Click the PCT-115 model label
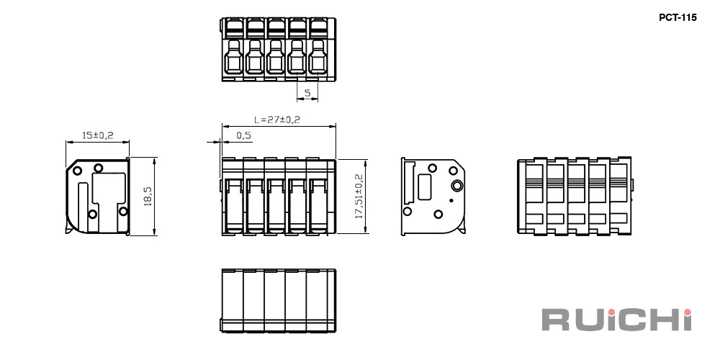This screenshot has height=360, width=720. [678, 18]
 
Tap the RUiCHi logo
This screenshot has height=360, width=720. [617, 320]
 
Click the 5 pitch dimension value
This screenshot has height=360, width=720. [307, 93]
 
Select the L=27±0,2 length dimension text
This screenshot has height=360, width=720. [277, 120]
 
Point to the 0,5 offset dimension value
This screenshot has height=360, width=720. [244, 135]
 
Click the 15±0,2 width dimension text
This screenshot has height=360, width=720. [97, 135]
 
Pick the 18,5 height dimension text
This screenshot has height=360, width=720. [148, 196]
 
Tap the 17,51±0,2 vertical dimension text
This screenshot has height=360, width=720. [359, 196]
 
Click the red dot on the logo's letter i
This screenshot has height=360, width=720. [687, 312]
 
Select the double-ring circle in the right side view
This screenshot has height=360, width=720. [458, 185]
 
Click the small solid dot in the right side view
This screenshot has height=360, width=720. [451, 199]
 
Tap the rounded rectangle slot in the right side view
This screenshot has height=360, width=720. [424, 187]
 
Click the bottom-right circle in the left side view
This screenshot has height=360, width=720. [122, 211]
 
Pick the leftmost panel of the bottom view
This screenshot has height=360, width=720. [233, 300]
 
